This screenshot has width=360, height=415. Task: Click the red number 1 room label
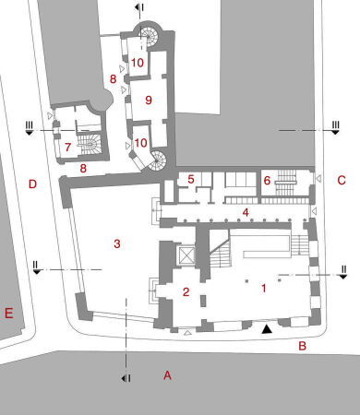tap(264, 289)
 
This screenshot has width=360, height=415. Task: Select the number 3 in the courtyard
tap(116, 243)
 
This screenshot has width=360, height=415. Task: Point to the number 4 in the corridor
tap(246, 213)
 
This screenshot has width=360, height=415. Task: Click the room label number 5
tap(190, 179)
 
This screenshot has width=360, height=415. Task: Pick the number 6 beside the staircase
tap(267, 182)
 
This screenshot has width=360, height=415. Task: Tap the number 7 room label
tap(67, 147)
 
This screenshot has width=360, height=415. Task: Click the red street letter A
tap(167, 375)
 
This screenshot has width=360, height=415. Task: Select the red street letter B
tap(301, 347)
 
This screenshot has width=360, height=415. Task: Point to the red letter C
tap(341, 181)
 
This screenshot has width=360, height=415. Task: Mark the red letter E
tap(8, 314)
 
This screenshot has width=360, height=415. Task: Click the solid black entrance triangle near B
tap(268, 327)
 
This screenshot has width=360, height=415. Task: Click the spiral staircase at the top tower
tap(148, 38)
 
